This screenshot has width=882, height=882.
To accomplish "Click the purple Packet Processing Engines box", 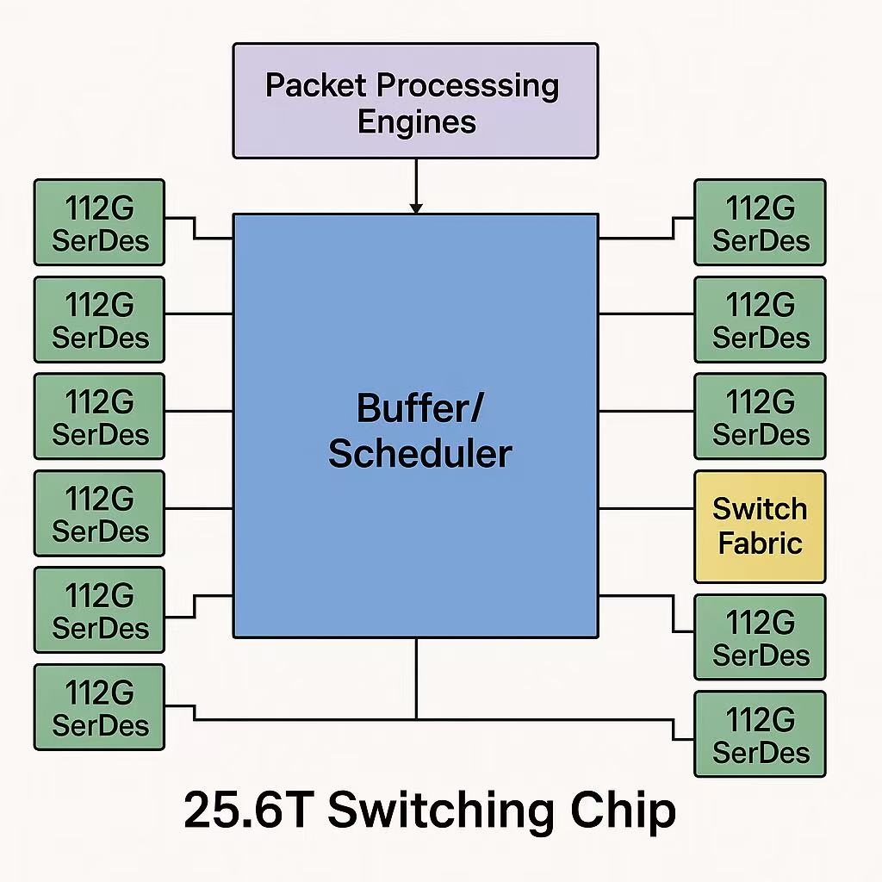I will (415, 102).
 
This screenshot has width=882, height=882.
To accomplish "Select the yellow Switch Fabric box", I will (760, 526).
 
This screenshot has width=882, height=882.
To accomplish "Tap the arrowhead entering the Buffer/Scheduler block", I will (416, 208).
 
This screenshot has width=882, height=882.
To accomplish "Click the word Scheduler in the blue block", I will (419, 453).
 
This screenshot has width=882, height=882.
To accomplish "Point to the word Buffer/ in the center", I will (419, 407).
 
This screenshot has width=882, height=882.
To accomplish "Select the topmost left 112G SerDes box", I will (99, 222).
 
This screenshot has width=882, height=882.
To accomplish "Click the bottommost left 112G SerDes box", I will (99, 706).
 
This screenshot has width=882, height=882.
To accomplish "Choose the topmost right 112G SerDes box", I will (760, 222).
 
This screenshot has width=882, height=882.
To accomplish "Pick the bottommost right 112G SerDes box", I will (760, 734).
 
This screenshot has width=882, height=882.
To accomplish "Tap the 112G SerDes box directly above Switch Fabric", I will (760, 416).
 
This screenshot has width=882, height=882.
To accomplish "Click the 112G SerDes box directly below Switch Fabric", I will (760, 637).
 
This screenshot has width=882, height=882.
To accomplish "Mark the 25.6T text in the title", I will (245, 811).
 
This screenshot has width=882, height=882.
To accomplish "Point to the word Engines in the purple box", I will (417, 121).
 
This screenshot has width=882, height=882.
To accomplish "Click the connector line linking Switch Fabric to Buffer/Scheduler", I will (646, 508).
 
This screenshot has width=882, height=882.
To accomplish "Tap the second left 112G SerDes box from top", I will (99, 319).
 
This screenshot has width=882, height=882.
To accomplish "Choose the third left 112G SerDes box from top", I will (99, 416).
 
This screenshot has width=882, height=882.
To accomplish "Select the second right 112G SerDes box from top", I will (760, 319).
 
